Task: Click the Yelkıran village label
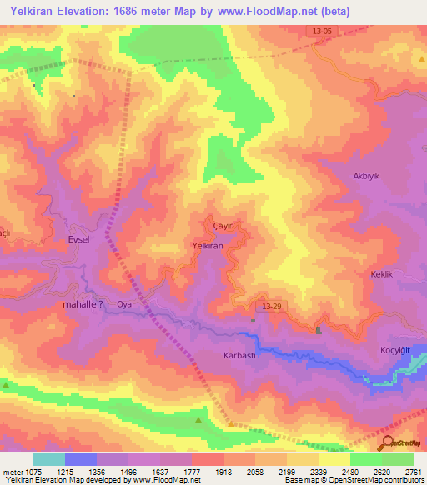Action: click(x=208, y=246)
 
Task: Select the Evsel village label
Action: click(x=78, y=238)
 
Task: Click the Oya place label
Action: click(x=125, y=304)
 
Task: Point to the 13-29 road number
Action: click(x=272, y=307)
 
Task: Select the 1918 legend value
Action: click(x=223, y=471)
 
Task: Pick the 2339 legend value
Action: click(x=318, y=471)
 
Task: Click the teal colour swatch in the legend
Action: click(x=49, y=459)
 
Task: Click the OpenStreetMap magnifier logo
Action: click(x=388, y=443)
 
